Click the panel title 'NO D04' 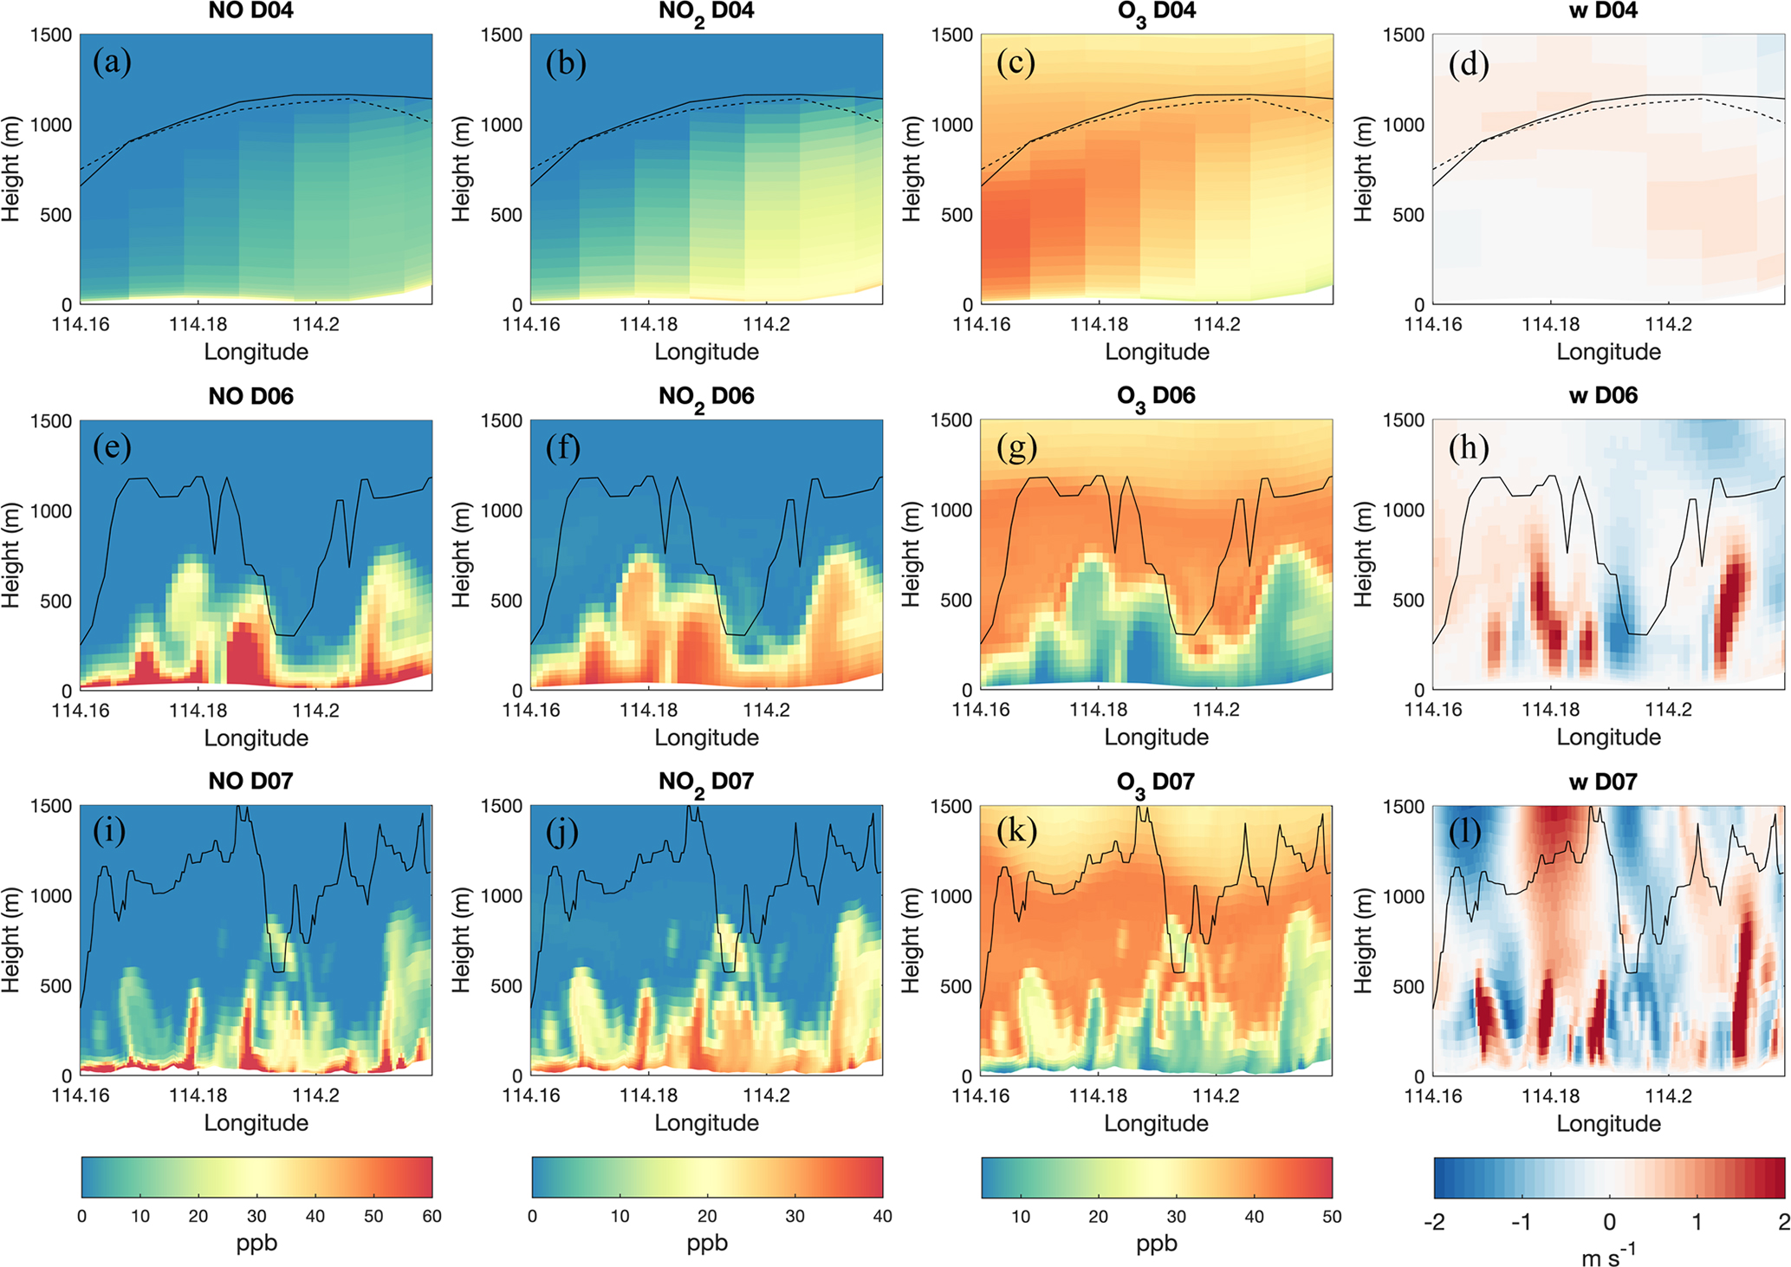pos(250,11)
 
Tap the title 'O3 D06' pos(1156,396)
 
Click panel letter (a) pos(112,62)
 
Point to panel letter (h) pos(1469,447)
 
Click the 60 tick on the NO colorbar pos(432,1216)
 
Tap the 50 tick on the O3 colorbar pos(1332,1216)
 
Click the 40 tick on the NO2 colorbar pos(882,1216)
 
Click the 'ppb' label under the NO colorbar pos(256,1243)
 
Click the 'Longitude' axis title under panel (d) pos(1608,352)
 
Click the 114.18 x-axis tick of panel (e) pos(198,711)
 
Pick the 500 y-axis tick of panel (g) pos(956,600)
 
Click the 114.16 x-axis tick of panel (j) pos(531,1095)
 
